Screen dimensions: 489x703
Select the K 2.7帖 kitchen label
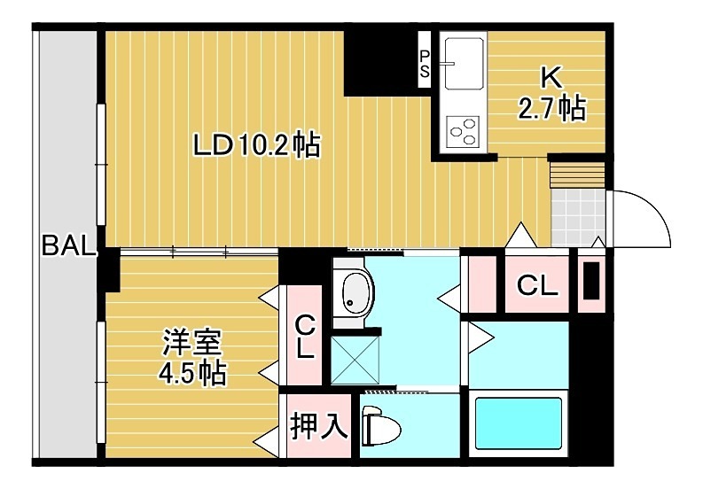click(x=551, y=95)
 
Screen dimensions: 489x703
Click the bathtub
click(x=519, y=427)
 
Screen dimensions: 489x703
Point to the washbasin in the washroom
click(x=356, y=293)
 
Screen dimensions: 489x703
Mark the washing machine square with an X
click(x=355, y=360)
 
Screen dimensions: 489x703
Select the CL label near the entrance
click(x=537, y=285)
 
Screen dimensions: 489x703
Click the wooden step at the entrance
click(x=576, y=174)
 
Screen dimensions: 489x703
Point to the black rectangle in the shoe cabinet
click(x=590, y=282)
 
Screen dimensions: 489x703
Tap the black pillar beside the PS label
click(x=380, y=62)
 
